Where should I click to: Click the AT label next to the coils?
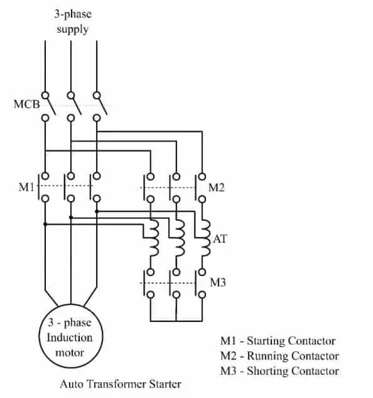[219, 239]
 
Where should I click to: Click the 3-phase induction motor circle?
[70, 338]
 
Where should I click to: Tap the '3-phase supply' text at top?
[72, 22]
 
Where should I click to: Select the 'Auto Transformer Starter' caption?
[120, 383]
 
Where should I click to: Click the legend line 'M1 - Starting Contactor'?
[277, 341]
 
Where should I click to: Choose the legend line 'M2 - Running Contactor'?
[279, 356]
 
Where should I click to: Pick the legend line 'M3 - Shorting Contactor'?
[279, 371]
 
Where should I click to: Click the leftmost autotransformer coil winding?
[154, 238]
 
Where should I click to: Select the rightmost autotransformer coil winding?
[205, 238]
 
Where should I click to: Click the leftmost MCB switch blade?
[50, 106]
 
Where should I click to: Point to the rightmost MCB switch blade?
[101, 106]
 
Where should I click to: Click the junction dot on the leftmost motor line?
[45, 224]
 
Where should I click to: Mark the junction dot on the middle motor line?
[71, 217]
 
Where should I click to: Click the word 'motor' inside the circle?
[69, 352]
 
